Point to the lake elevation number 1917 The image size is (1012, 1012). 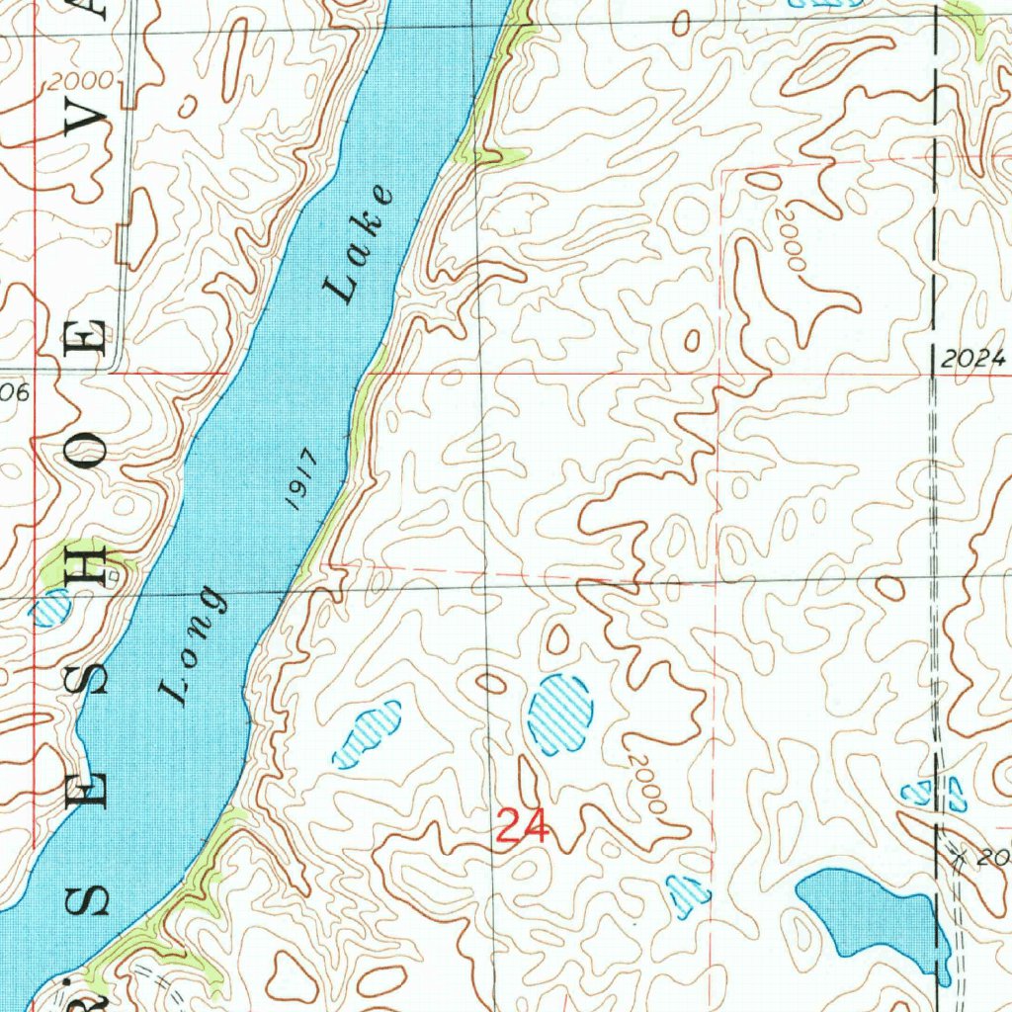299,478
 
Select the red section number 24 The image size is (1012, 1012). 522,825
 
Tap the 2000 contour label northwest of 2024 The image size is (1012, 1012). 792,241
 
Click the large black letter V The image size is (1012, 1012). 91,121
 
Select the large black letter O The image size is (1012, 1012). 91,452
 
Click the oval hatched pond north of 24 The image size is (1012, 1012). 560,714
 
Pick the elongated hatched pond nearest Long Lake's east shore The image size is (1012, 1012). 368,733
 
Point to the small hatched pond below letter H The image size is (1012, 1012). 51,609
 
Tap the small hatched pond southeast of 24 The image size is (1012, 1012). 688,892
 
